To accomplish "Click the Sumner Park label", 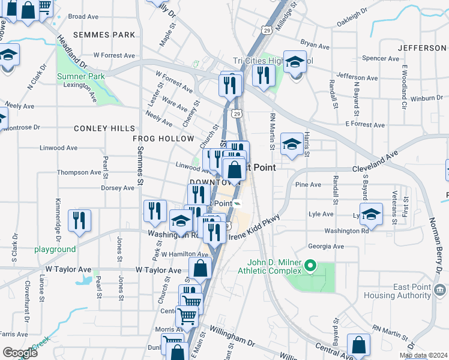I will pos(81,76).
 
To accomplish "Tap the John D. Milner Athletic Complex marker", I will pos(310,265).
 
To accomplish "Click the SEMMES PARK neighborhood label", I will pos(104,35).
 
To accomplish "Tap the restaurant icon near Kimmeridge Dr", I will pos(79,220).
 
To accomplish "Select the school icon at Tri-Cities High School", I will pos(295,62).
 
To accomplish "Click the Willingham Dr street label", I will pos(232,337).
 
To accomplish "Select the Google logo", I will pos(20,353).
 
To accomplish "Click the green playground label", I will pos(55,249).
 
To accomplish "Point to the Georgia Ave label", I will pos(325,246).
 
